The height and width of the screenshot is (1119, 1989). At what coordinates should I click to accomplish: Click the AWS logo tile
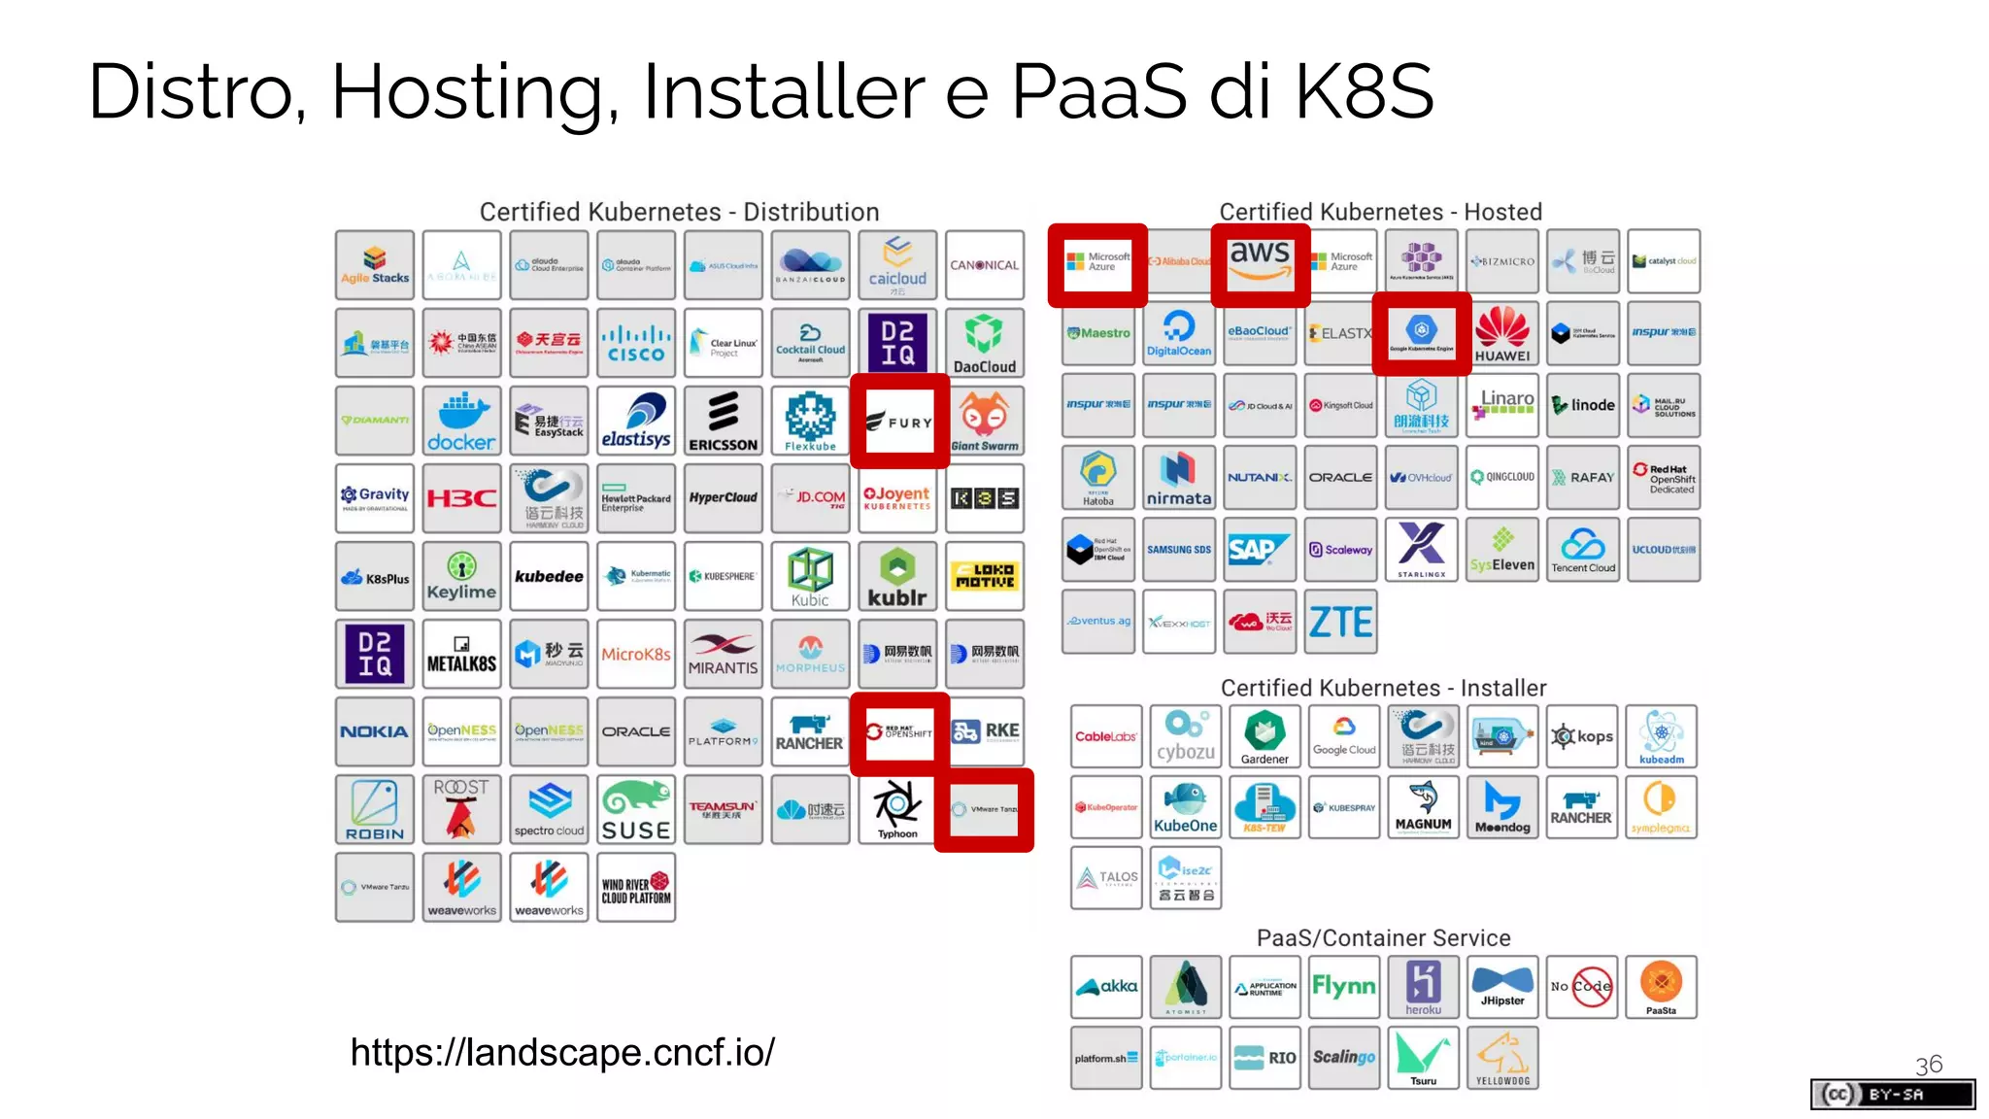(x=1260, y=264)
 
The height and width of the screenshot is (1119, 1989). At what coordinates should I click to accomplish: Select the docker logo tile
(x=461, y=421)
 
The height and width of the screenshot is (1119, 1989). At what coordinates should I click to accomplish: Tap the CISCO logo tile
(x=636, y=343)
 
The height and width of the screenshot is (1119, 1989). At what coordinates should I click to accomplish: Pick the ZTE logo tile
(x=1340, y=622)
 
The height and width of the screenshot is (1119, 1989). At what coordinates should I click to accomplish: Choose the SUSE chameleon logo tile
(x=636, y=809)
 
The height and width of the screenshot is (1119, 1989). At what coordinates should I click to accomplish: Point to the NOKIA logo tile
(x=375, y=731)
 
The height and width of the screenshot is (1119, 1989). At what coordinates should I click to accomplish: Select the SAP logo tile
(x=1260, y=550)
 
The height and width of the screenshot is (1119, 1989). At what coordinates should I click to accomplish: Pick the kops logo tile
(x=1581, y=736)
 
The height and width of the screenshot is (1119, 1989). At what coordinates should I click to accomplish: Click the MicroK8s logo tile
(x=636, y=654)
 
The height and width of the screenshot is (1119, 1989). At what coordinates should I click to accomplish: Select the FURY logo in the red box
(x=898, y=422)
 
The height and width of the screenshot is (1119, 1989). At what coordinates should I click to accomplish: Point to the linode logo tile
(x=1582, y=405)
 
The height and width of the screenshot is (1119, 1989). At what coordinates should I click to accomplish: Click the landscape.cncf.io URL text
(x=562, y=1052)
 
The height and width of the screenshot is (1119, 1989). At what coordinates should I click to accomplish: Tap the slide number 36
(x=1928, y=1065)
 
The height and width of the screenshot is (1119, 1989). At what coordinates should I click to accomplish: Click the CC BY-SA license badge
(x=1892, y=1095)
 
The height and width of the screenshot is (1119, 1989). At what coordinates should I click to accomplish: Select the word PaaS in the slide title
(x=1098, y=91)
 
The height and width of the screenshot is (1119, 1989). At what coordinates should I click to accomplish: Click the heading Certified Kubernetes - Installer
(x=1383, y=688)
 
